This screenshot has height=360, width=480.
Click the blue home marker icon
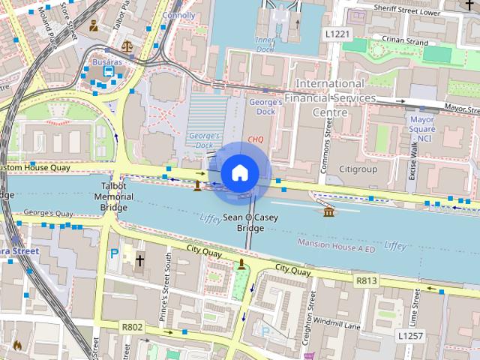coord(238,173)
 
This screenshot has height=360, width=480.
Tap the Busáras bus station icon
coord(109,71)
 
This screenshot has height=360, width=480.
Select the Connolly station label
coord(178,15)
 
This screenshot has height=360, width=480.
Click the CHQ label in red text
coord(256,139)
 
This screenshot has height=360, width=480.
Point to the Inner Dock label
coord(265,43)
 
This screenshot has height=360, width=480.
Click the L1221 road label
coord(338,34)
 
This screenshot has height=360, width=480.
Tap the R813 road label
coord(367,280)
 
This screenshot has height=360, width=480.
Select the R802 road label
coord(132,327)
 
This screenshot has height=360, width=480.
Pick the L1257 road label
coord(411,335)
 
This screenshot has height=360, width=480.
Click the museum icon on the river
coord(329,213)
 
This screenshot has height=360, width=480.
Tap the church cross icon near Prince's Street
coord(139,261)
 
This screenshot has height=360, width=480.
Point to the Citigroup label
coord(358,169)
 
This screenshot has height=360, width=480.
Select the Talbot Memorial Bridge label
coord(114,196)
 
